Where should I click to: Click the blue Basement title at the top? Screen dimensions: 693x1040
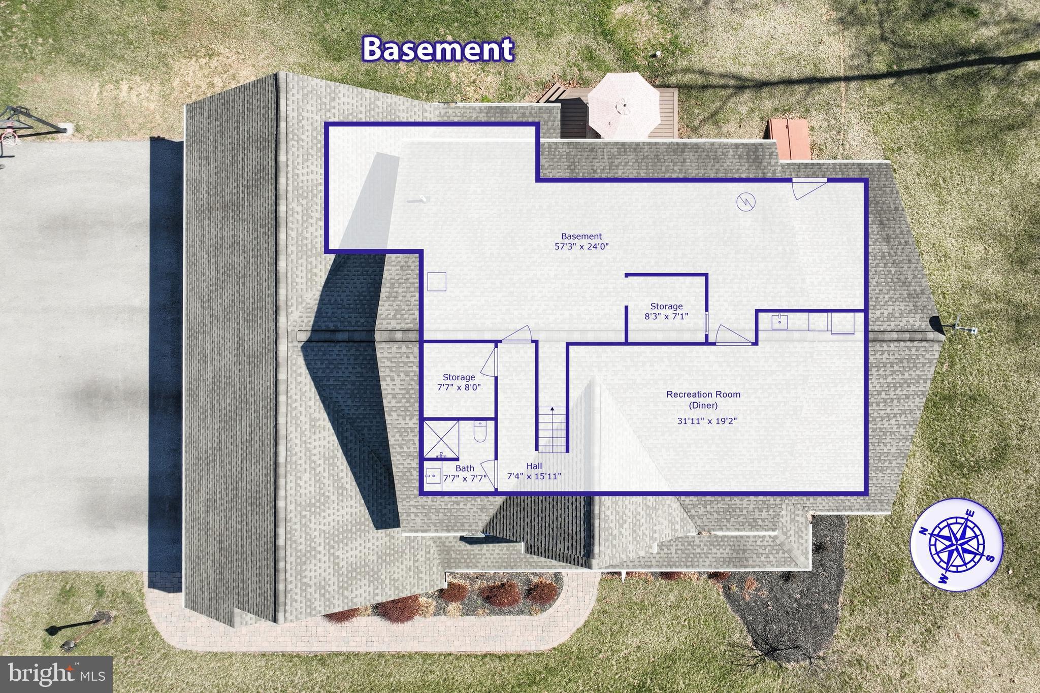point(437,49)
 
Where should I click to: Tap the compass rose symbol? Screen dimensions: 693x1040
point(956,548)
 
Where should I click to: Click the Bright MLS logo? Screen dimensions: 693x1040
point(56,674)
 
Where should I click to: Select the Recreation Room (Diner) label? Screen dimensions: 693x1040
point(703,399)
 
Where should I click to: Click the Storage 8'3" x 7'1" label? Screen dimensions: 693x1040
point(666,311)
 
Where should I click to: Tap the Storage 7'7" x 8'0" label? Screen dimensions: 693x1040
point(459,382)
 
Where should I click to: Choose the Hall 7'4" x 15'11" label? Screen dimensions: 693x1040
point(534,471)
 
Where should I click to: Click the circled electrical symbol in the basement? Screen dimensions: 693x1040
point(746,202)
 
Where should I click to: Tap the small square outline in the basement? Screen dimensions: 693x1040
point(437,282)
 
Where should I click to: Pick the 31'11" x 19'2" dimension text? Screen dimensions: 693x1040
point(707,421)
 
